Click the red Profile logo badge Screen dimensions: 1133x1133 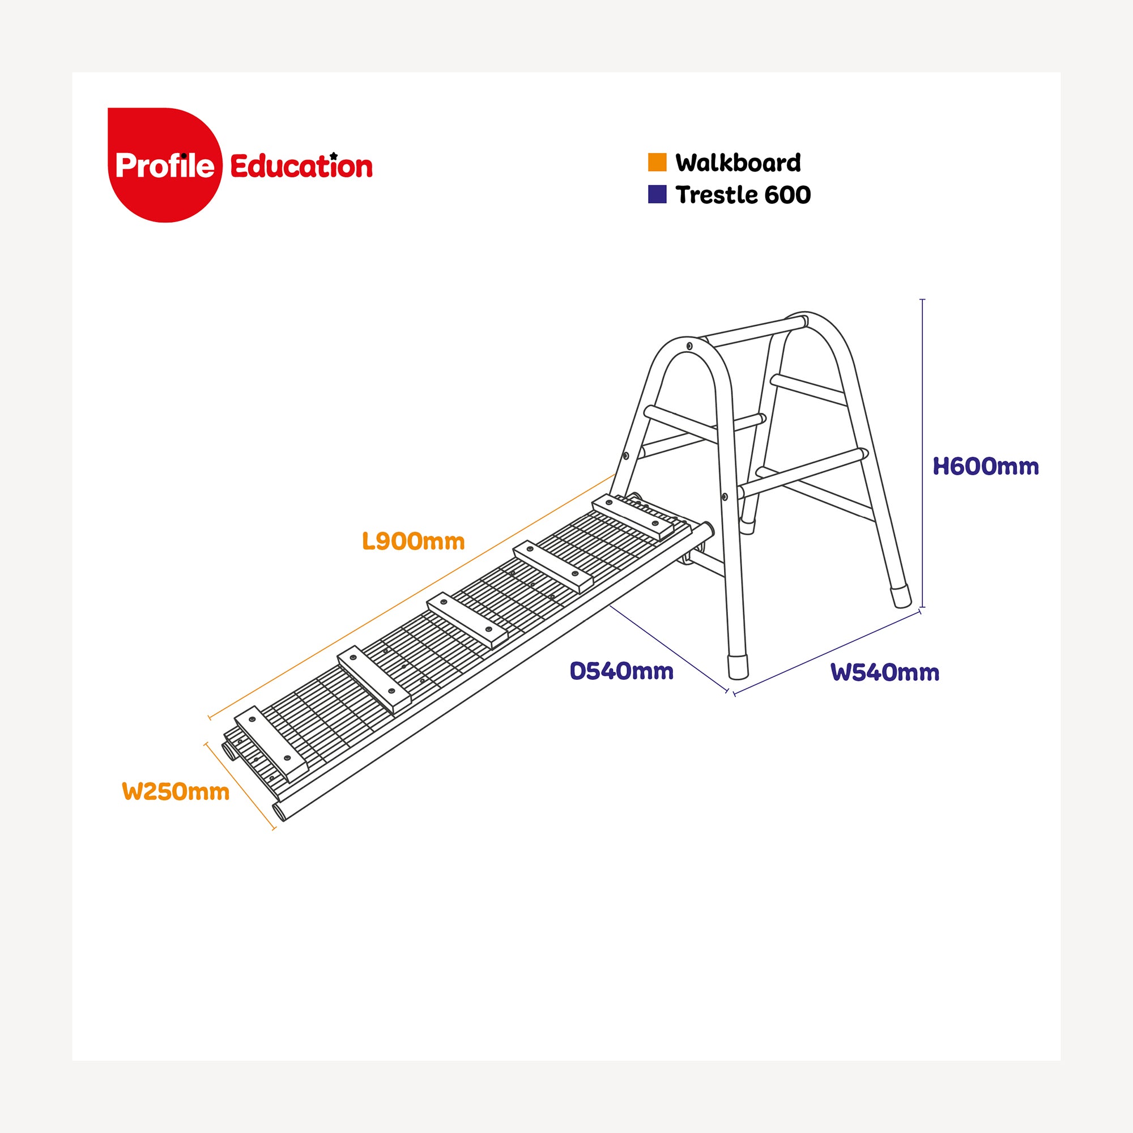(x=165, y=165)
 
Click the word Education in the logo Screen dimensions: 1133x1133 (x=301, y=166)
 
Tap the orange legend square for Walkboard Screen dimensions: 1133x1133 (x=657, y=163)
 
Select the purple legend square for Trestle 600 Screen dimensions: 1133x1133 (x=657, y=194)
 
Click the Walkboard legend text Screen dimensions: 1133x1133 (x=738, y=163)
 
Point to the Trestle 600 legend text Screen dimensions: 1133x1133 (x=743, y=195)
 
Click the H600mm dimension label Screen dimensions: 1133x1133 (x=986, y=467)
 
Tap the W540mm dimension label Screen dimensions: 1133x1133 (x=885, y=672)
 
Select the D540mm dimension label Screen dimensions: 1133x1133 (x=621, y=671)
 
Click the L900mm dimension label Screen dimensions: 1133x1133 (x=414, y=541)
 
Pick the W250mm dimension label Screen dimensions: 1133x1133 (x=176, y=792)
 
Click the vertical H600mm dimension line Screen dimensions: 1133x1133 (x=922, y=453)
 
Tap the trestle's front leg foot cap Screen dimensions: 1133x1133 (x=738, y=667)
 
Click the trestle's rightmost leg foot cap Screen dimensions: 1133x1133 (x=901, y=595)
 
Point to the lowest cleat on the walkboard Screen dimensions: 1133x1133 (x=271, y=744)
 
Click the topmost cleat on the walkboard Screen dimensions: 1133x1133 (x=633, y=517)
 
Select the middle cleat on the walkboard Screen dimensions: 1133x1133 (x=467, y=620)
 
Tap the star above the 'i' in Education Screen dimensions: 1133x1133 (x=334, y=155)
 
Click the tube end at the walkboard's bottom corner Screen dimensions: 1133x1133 (x=279, y=812)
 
